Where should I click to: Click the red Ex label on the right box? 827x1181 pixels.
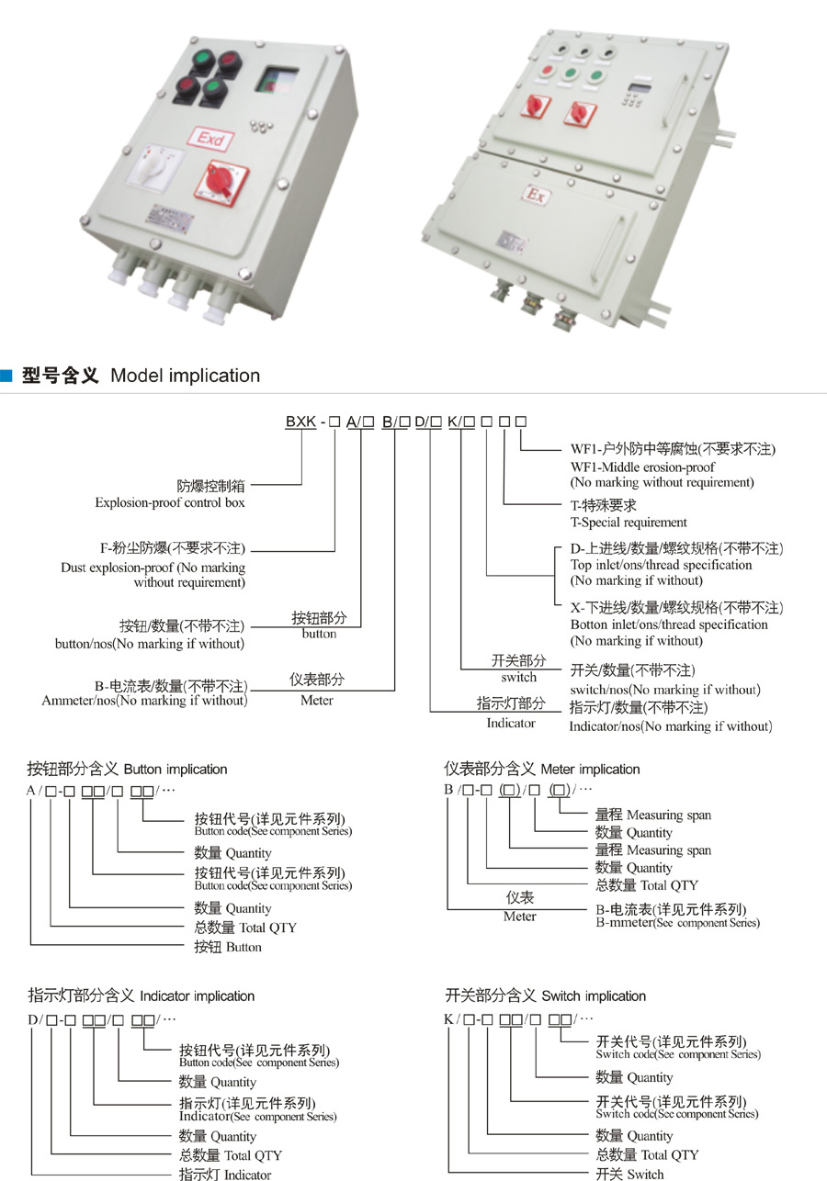536,196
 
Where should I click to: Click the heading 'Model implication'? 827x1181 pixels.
185,375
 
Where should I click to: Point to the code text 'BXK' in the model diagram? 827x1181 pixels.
301,422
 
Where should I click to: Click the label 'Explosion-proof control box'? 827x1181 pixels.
170,502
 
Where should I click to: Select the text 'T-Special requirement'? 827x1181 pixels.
629,522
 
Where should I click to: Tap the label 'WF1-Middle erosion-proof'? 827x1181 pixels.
642,467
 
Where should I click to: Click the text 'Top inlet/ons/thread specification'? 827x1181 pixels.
661,565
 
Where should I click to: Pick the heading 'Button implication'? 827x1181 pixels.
175,769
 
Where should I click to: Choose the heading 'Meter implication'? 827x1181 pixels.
590,769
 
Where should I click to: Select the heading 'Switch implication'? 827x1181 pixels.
594,995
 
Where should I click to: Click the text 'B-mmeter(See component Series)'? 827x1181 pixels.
677,922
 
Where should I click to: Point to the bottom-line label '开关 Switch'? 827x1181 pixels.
629,1173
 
